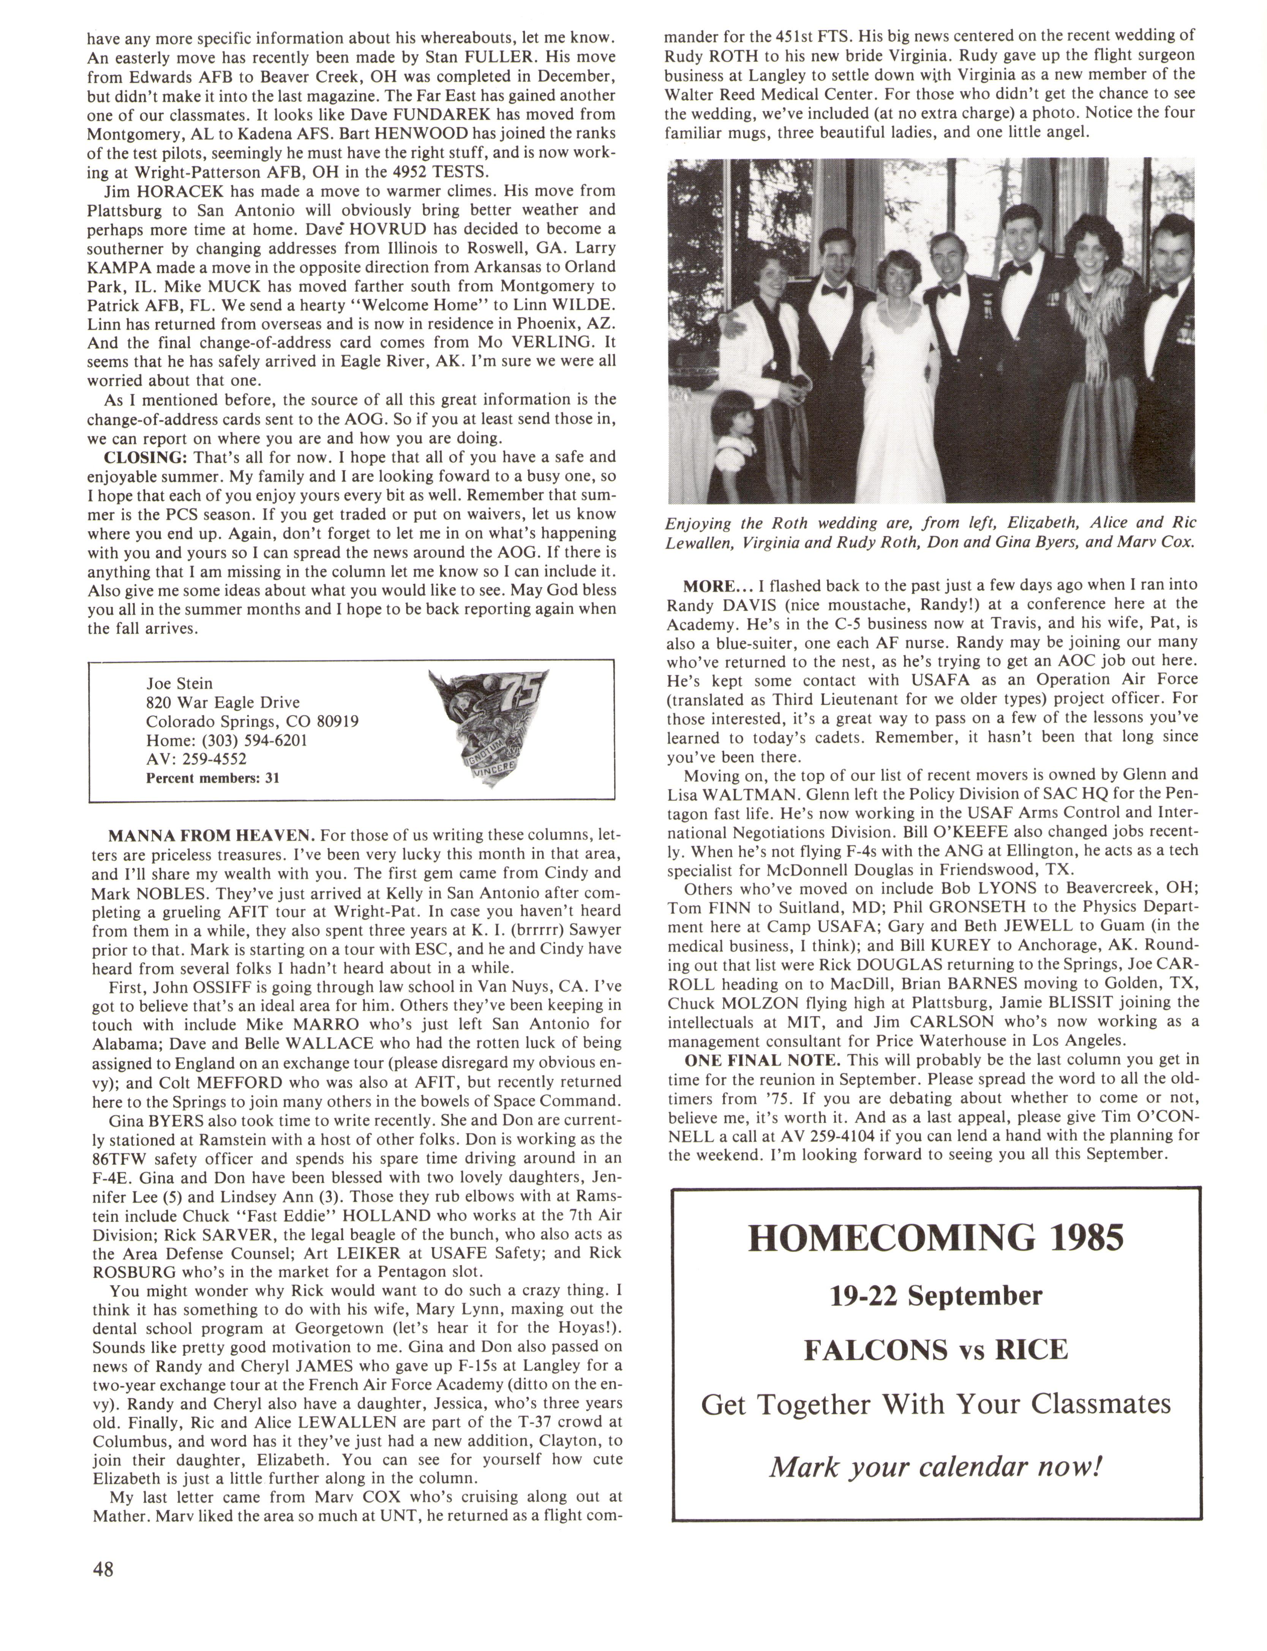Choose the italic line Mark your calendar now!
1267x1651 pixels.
pyautogui.click(x=936, y=1467)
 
